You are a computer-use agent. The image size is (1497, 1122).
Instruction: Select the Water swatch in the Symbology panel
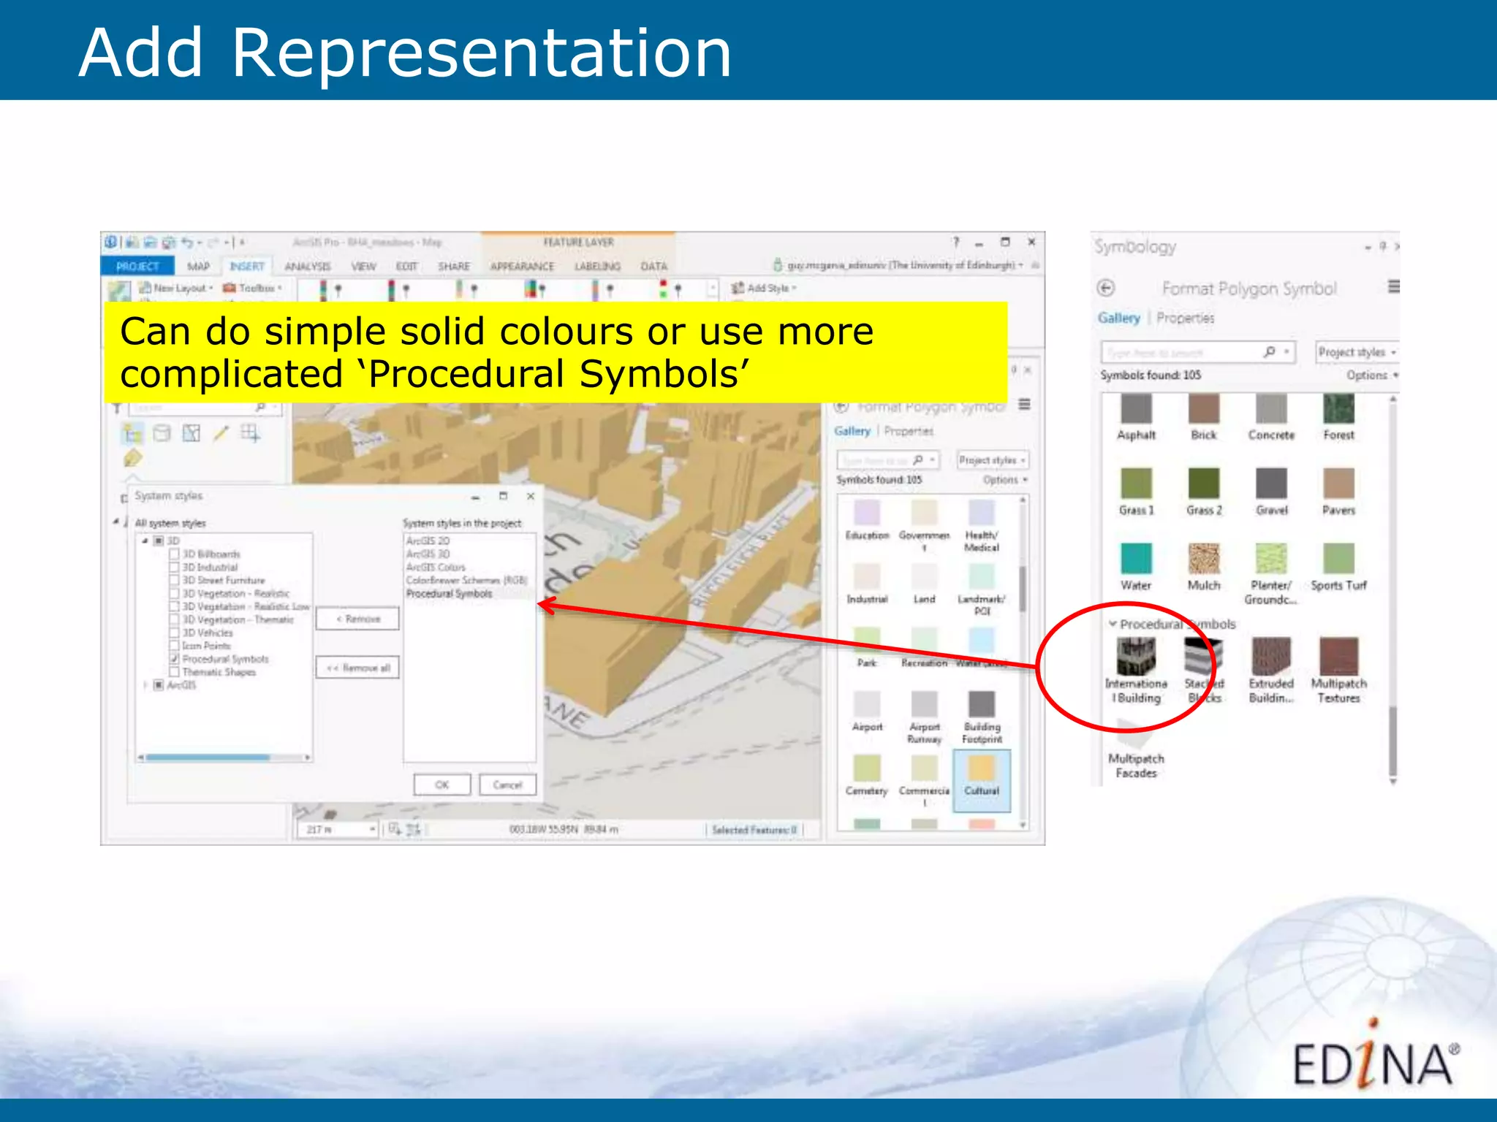tap(1136, 559)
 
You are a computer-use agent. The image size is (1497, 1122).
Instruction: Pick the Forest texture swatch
tap(1338, 409)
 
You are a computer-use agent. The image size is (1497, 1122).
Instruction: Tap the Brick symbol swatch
tap(1203, 409)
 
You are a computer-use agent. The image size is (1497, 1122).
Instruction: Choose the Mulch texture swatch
tap(1203, 559)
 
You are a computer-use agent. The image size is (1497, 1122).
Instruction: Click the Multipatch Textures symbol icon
tap(1338, 656)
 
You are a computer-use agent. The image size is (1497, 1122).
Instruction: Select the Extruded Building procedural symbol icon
tap(1271, 656)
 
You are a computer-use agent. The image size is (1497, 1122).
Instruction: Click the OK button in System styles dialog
tap(442, 785)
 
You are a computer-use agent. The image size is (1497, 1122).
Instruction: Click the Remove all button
tap(357, 668)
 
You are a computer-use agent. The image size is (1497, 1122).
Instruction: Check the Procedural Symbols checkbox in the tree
tap(175, 659)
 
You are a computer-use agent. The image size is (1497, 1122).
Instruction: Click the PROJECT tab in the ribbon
tap(137, 266)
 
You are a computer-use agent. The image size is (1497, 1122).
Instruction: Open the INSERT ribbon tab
tap(247, 266)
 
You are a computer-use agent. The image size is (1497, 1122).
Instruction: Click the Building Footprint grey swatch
tap(982, 705)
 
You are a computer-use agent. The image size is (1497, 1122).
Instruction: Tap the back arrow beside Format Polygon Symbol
tap(1106, 288)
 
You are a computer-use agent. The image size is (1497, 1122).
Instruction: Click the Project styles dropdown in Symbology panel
tap(1357, 352)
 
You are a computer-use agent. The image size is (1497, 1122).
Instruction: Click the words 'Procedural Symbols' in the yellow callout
tap(558, 374)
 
